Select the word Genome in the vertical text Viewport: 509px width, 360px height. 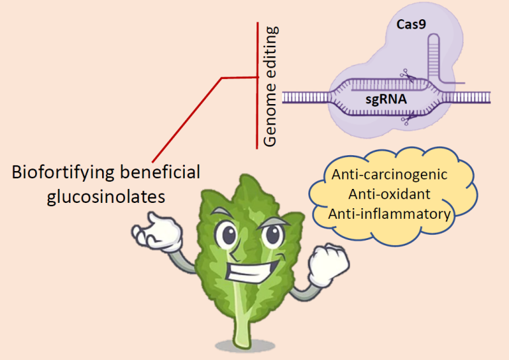click(270, 118)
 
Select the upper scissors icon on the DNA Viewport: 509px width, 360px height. click(406, 78)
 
